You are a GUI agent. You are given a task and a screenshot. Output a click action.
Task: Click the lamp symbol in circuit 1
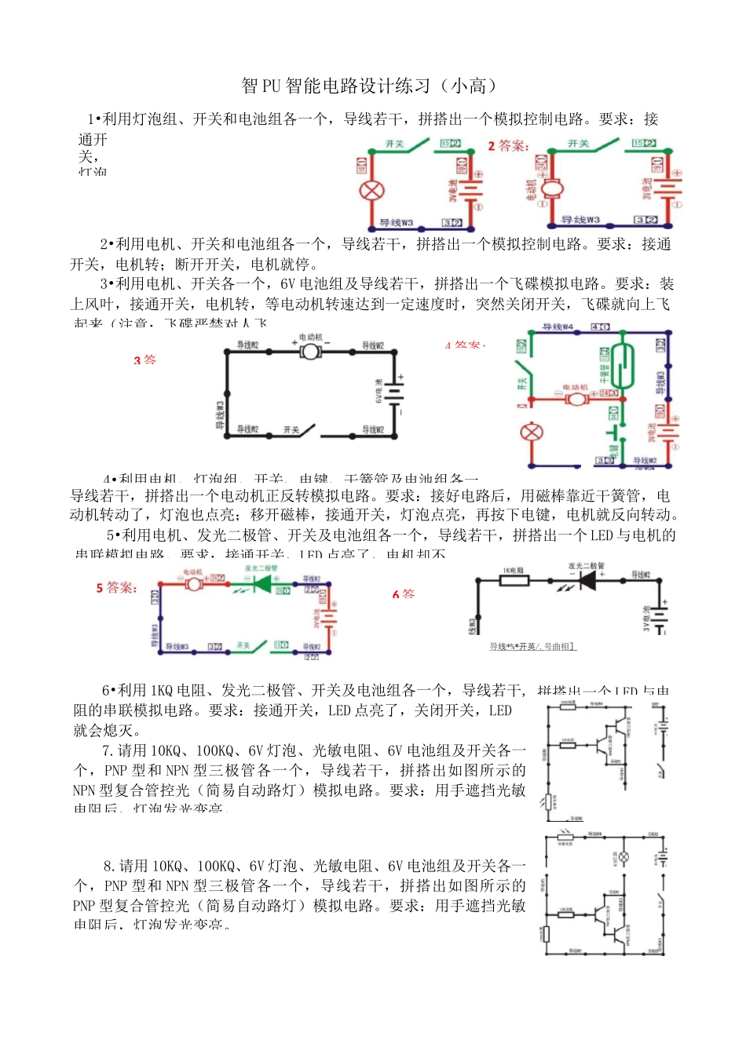click(370, 190)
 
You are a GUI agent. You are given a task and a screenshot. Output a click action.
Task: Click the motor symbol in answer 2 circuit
click(552, 188)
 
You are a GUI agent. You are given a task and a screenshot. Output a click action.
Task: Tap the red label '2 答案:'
click(508, 146)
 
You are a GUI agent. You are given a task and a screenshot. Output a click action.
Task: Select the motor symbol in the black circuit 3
click(311, 351)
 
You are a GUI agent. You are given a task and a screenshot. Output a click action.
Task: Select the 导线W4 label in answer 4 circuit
click(558, 327)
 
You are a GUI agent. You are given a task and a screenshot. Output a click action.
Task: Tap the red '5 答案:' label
click(116, 588)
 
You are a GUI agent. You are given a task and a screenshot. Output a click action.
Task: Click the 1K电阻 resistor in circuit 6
click(514, 580)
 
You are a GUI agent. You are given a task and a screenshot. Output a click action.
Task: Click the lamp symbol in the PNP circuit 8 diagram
click(624, 857)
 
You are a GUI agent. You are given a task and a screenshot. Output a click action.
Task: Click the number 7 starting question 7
click(107, 750)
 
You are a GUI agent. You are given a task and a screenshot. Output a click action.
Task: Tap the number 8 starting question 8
click(108, 866)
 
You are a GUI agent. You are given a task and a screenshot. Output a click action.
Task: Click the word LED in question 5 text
click(602, 535)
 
